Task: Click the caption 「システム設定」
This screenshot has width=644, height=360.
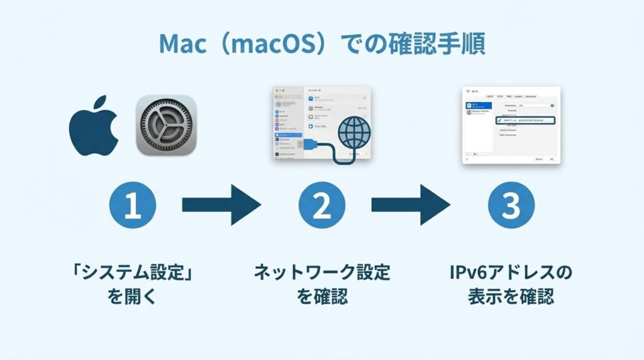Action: (x=132, y=273)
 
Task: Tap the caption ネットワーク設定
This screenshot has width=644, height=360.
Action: (x=322, y=273)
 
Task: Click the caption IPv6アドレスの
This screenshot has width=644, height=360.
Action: (x=511, y=273)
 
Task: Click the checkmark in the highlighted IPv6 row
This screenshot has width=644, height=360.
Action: (x=499, y=119)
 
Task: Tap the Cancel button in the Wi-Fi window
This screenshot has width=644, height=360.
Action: (x=539, y=159)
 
